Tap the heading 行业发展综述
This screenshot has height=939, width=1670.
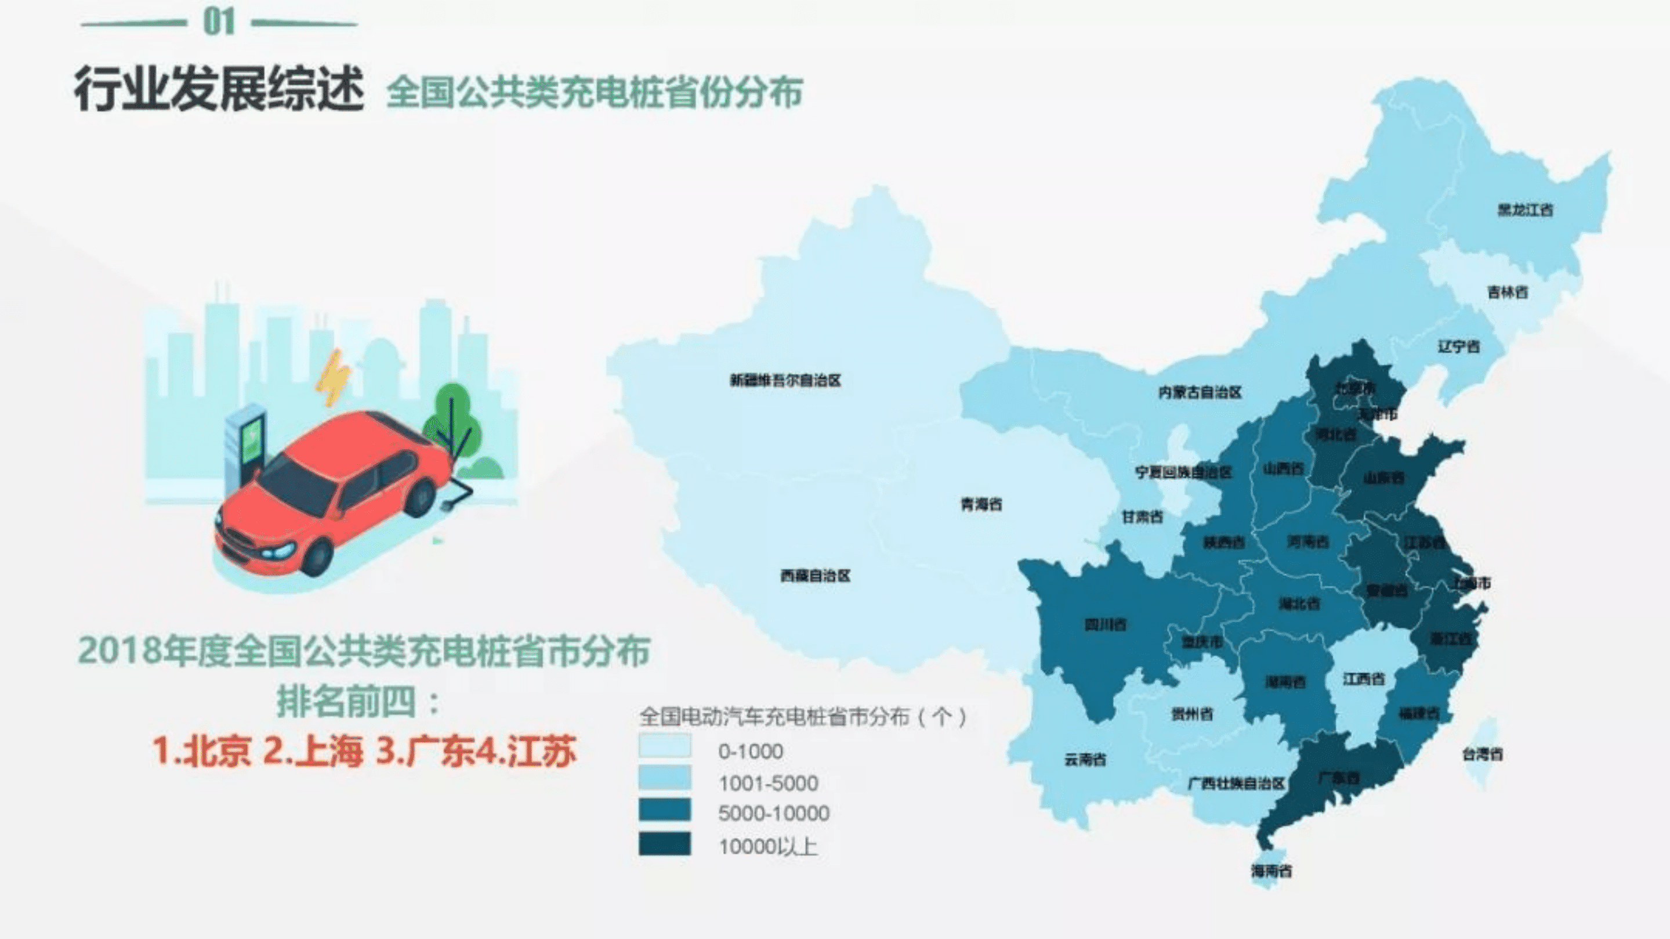pos(219,89)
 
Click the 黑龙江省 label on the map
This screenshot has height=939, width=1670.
pos(1525,210)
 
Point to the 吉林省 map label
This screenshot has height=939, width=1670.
pos(1507,292)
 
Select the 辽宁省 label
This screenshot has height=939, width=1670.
pos(1459,346)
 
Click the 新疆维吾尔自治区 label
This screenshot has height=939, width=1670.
pos(785,380)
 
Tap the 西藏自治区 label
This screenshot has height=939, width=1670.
pos(815,575)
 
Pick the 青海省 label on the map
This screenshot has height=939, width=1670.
pos(981,504)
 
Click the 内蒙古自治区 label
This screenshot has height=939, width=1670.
pos(1200,392)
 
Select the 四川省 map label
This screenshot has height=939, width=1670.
pos(1106,624)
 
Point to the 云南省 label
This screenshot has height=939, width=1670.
pos(1085,759)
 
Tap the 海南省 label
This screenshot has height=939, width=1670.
pos(1271,871)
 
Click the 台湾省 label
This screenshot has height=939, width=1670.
pos(1482,754)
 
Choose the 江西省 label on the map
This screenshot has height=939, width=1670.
pos(1363,679)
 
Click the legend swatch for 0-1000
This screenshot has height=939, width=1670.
pos(665,746)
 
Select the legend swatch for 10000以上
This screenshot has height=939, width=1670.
pos(665,844)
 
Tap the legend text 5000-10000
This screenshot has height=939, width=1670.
pos(773,813)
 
